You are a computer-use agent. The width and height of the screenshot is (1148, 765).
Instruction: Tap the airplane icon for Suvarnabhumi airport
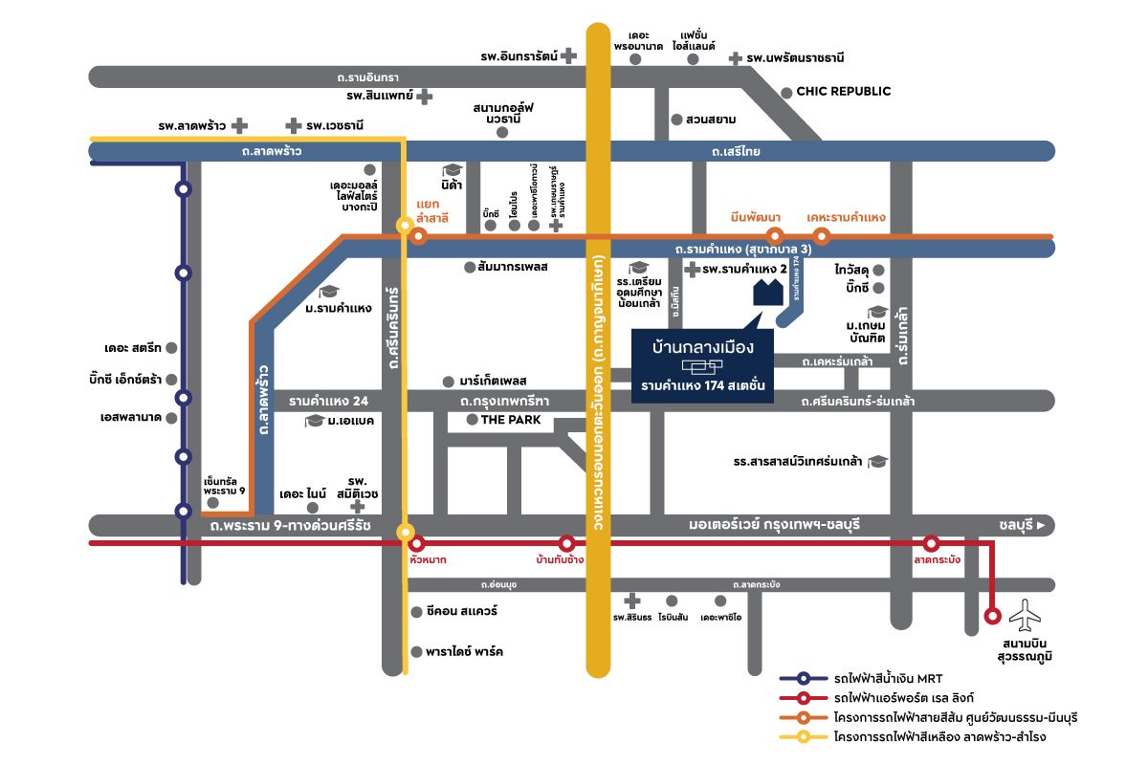point(1029,615)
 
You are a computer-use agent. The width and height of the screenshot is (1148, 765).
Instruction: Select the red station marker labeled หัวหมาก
point(416,543)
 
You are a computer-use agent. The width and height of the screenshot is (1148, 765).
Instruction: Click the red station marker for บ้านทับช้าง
point(566,543)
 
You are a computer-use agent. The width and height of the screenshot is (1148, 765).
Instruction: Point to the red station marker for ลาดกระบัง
point(931,543)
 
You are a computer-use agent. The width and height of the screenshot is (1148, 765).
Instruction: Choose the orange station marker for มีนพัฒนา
point(775,235)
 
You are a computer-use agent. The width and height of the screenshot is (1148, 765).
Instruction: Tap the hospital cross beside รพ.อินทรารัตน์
point(569,56)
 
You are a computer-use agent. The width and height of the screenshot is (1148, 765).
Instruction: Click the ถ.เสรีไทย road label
point(735,151)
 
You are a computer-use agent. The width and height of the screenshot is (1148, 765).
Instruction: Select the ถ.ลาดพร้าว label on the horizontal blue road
point(272,151)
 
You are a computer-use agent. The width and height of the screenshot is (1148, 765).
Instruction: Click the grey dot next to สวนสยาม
point(676,120)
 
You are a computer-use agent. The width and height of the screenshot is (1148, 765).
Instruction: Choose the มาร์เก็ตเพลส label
point(494,381)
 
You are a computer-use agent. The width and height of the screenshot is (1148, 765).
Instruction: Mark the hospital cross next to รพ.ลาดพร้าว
point(240,125)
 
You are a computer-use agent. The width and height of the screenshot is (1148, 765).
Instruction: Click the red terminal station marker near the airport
point(993,615)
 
